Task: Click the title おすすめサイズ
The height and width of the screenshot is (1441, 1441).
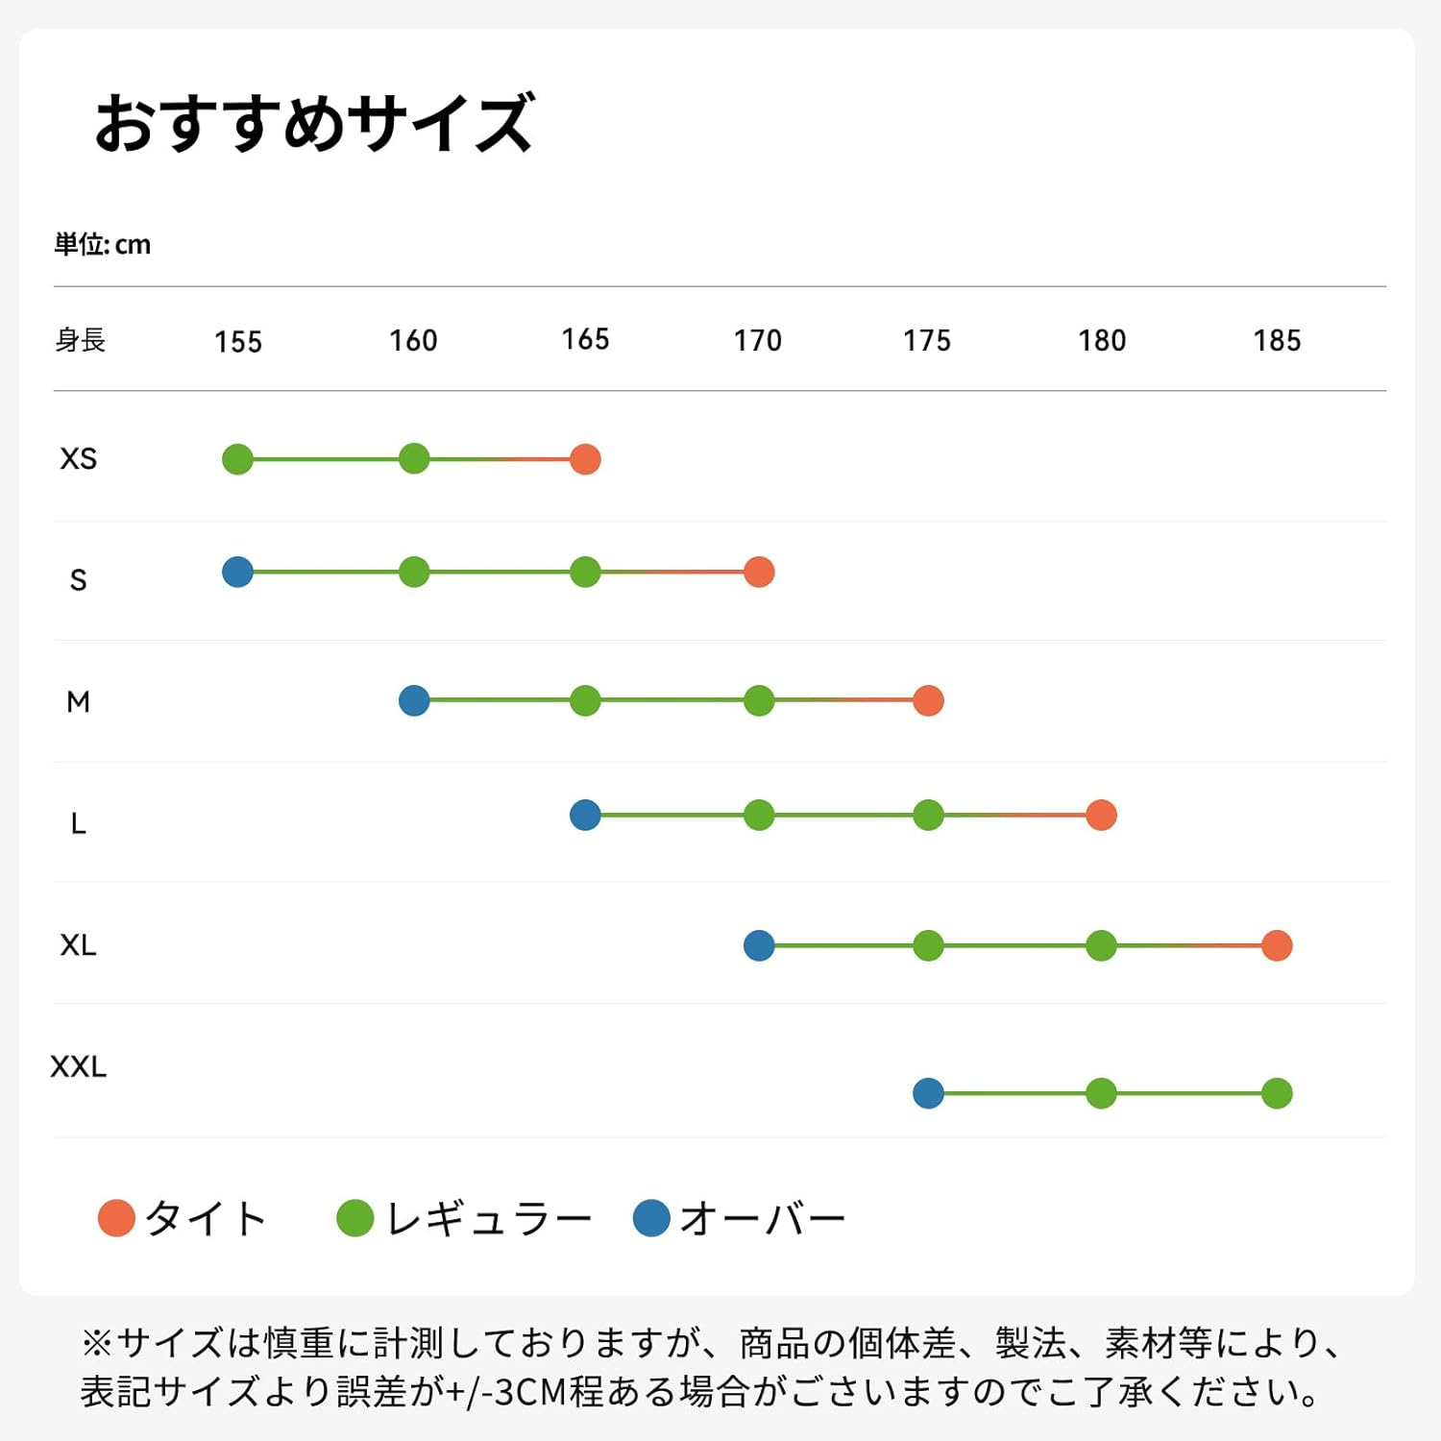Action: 314,123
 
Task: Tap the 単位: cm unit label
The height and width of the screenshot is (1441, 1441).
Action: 102,245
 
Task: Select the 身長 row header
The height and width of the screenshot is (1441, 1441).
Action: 80,340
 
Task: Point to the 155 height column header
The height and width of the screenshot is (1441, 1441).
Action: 238,342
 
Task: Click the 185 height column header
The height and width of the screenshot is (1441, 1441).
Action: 1277,341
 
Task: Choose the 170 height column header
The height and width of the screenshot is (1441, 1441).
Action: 758,341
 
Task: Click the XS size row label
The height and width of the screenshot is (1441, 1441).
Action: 79,459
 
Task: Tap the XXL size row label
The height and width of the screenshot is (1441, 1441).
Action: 79,1067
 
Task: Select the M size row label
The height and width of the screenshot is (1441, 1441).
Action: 79,702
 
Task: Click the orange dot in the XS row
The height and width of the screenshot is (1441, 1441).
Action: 585,459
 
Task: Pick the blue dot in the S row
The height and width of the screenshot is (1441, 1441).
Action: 237,572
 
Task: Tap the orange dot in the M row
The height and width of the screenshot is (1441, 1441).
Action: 928,700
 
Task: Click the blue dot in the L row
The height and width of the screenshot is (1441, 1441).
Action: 585,815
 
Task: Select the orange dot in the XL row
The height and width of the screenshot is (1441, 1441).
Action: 1277,945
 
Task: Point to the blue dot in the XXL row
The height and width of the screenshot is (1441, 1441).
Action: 928,1093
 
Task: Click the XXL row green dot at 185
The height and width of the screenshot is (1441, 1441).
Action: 1277,1093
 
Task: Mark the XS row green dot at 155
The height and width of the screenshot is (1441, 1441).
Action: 237,459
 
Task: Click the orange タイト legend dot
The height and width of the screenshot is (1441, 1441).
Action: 116,1218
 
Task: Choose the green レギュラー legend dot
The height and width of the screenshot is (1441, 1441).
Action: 354,1218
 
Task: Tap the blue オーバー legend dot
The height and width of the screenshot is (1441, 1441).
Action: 651,1218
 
